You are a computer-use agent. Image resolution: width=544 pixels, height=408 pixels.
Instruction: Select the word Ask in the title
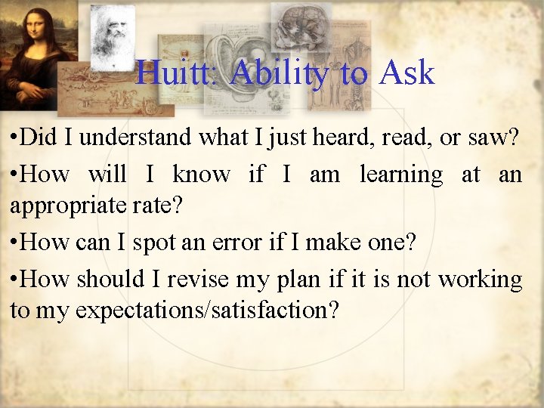pos(407,73)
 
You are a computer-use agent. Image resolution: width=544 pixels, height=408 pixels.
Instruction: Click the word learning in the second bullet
pos(401,175)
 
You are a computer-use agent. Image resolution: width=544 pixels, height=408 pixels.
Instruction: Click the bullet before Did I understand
pos(14,138)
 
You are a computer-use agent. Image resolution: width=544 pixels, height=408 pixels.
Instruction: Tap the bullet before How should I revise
pos(14,280)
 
